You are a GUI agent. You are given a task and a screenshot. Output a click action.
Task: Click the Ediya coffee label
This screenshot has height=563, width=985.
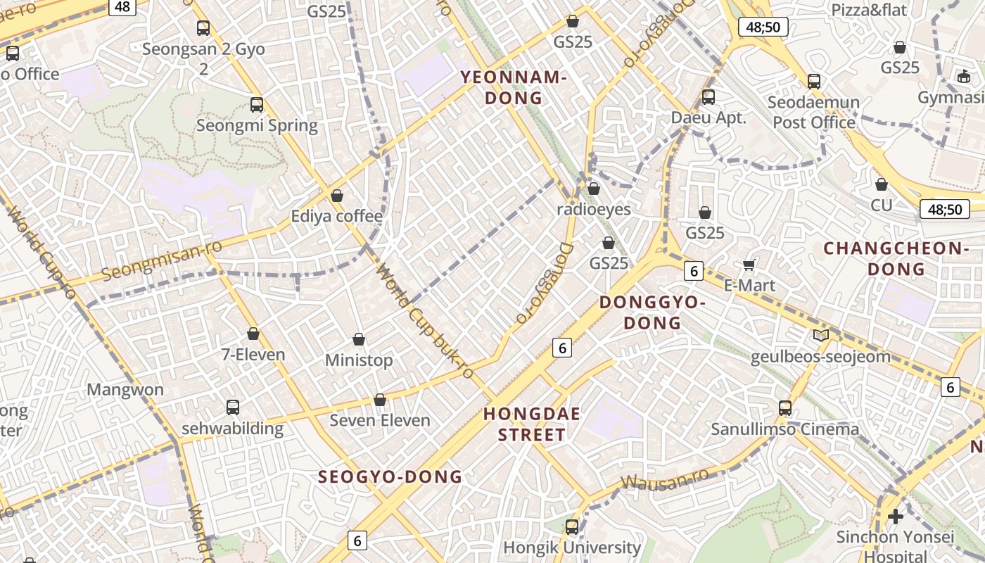coord(337,216)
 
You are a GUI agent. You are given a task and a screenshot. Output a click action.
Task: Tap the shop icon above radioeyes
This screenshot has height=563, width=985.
coord(594,189)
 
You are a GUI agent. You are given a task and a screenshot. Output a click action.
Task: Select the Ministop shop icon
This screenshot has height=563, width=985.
coord(359,340)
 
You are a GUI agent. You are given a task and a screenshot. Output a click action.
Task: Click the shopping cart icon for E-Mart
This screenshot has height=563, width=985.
coord(749,265)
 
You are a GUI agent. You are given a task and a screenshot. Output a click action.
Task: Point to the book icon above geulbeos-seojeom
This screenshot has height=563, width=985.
coord(821,335)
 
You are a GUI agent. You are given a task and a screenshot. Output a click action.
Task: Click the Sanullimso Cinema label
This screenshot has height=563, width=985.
coord(784,429)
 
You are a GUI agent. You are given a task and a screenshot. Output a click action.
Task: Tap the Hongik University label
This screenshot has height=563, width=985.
coord(571,548)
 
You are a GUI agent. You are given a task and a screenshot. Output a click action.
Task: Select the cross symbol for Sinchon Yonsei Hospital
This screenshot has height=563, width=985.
coord(895,517)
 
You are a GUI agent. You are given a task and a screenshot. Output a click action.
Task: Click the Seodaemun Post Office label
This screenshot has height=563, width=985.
coord(813,112)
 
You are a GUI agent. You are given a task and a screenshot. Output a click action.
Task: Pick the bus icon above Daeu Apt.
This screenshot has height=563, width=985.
coord(708,97)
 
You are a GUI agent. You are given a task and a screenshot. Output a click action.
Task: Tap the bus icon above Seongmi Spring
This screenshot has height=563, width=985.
coord(257,105)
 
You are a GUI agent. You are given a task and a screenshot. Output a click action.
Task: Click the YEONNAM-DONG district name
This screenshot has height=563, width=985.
coord(514,88)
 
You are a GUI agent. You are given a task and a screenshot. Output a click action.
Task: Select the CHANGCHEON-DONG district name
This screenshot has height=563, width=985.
coord(896,258)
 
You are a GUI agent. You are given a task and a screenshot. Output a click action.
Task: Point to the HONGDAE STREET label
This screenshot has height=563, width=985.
coord(532,424)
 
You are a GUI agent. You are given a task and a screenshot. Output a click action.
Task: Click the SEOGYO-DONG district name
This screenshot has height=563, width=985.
coord(390,477)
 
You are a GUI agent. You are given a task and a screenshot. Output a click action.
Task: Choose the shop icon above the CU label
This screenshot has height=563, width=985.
coord(882,184)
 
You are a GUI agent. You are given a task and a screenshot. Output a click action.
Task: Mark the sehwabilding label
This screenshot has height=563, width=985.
coord(232,429)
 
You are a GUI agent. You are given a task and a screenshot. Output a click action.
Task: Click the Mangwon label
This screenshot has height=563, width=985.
coord(125,390)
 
